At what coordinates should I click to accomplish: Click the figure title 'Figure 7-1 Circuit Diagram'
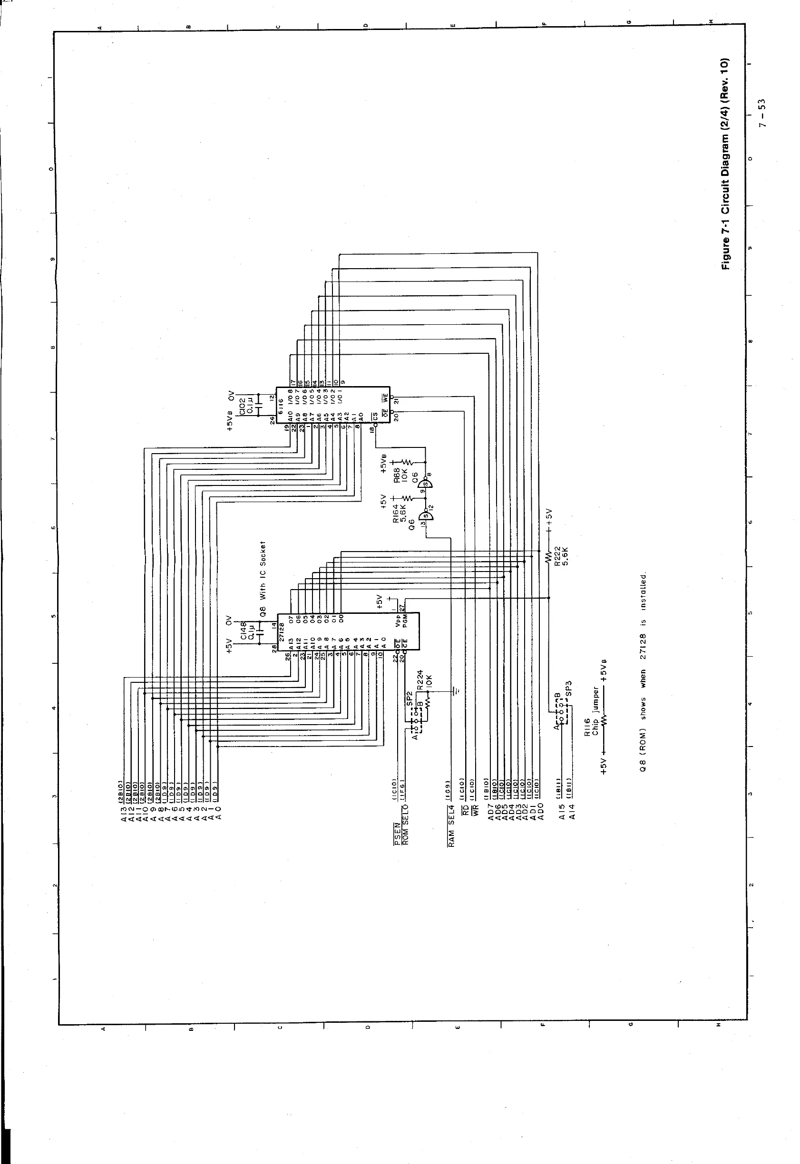[725, 165]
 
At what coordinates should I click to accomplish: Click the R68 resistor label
[396, 473]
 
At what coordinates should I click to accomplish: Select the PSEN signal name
[397, 837]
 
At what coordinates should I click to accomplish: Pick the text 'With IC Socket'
[263, 571]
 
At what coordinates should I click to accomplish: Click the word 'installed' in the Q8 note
[644, 590]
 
